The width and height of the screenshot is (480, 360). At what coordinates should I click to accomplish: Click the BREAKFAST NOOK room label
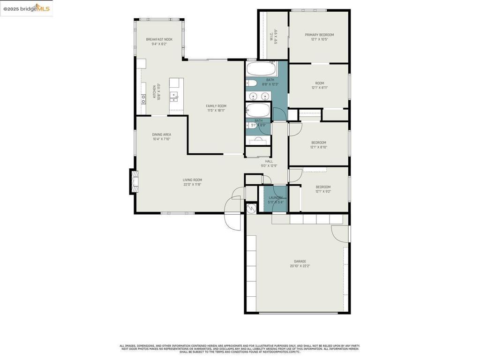coord(159,39)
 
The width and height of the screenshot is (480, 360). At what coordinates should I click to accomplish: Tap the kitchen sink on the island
coord(174,97)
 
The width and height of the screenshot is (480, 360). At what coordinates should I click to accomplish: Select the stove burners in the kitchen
coord(143,99)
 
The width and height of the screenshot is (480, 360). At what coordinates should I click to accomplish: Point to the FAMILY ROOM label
coord(216,106)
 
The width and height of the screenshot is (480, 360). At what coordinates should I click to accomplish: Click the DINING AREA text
coord(161,135)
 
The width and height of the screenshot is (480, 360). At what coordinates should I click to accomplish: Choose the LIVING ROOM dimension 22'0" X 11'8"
coord(192,185)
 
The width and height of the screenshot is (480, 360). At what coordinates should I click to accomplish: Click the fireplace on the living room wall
coord(135,181)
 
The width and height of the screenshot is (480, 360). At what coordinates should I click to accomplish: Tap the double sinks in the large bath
coord(259,96)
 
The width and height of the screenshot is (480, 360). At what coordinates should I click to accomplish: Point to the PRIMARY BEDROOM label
coord(319,35)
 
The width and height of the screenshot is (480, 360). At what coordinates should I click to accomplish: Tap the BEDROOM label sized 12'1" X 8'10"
coord(318,142)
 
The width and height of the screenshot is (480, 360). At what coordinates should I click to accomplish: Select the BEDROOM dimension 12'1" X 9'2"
coord(323,191)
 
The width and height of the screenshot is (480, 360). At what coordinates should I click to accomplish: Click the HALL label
coord(269,161)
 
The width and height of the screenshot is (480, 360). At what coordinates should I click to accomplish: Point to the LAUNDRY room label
coord(276,198)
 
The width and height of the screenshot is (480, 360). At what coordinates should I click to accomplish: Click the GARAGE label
coord(300,262)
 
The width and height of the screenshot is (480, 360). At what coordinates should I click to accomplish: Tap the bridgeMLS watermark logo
coord(26,8)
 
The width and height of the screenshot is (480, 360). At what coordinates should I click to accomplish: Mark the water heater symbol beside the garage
coord(251,208)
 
